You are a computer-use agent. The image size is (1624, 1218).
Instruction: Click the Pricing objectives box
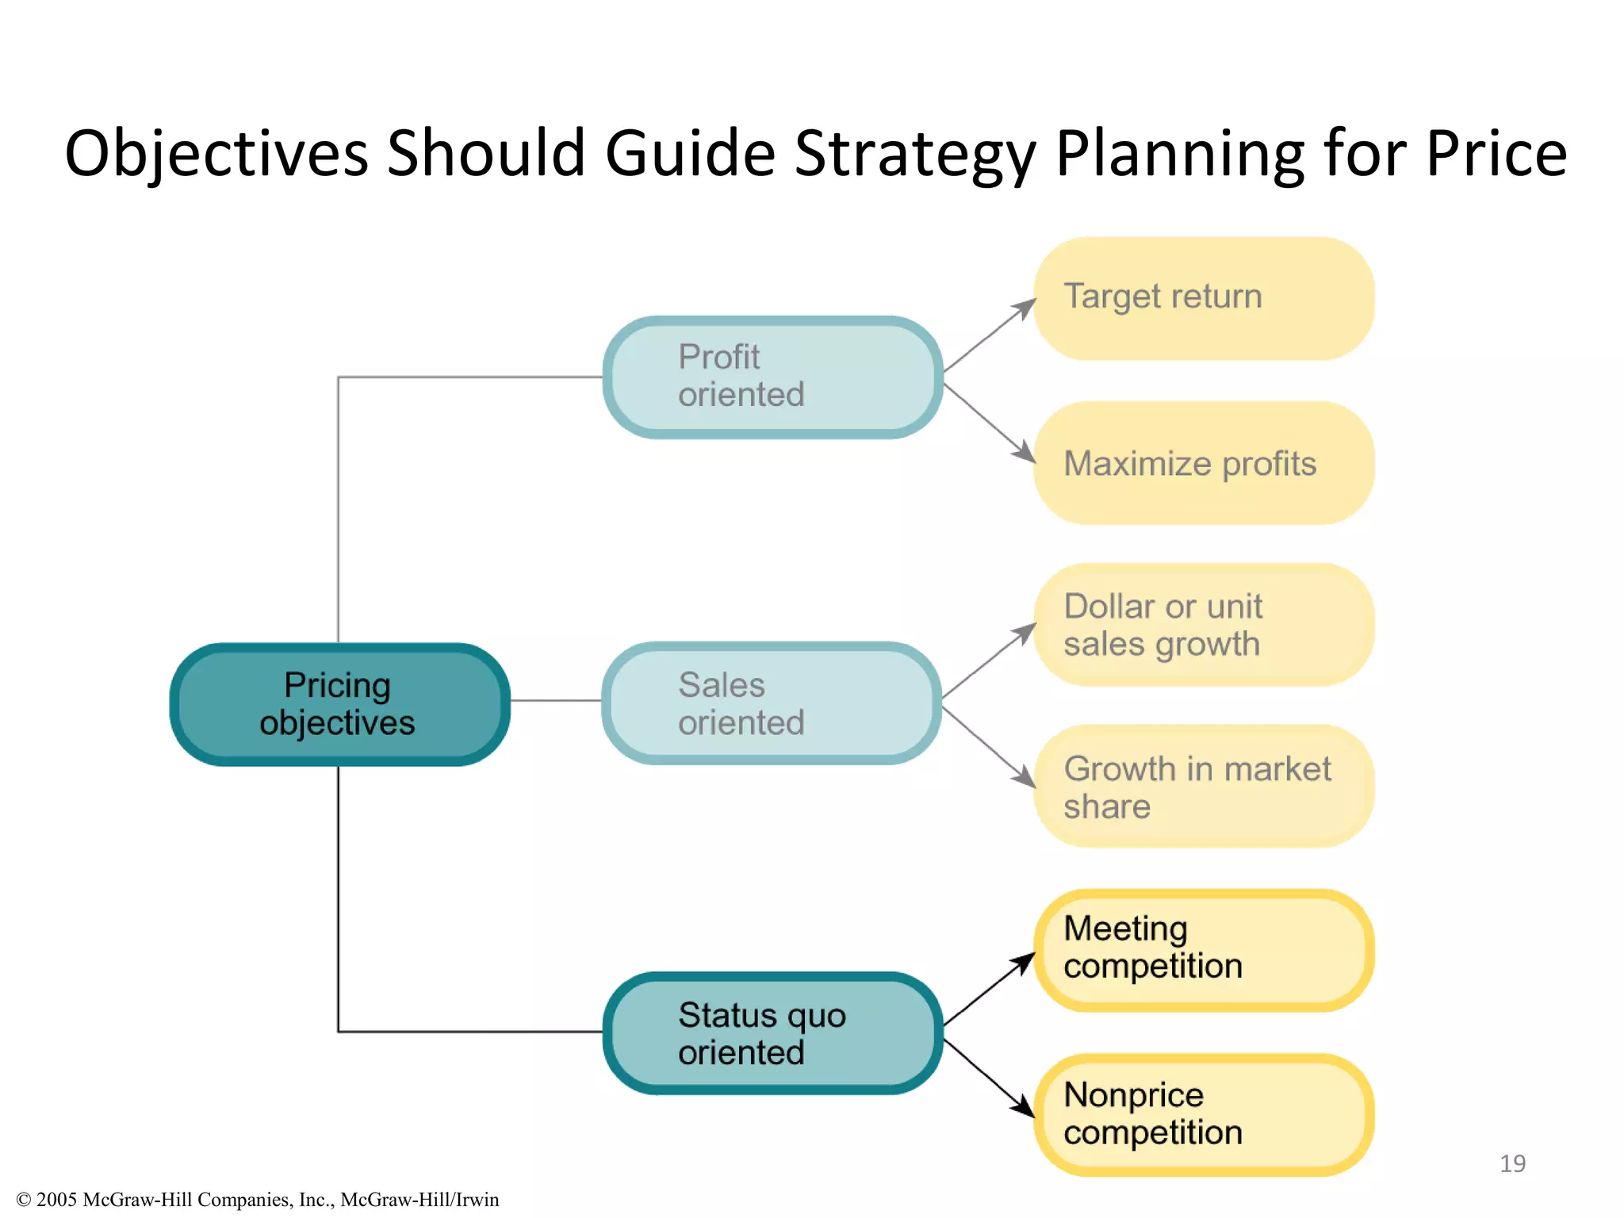coord(339,704)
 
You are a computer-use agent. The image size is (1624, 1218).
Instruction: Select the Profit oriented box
coord(772,377)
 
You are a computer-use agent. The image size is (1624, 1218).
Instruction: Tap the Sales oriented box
coord(772,703)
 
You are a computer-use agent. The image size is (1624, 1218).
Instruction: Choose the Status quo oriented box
coord(772,1033)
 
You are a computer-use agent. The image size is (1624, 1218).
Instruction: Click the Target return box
coord(1203,298)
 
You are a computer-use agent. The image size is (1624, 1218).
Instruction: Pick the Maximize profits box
coord(1203,463)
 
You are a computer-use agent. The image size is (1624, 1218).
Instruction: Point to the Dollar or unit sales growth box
coord(1203,625)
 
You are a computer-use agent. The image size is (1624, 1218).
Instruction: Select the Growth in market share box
coord(1203,787)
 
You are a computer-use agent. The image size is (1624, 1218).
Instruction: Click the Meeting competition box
coord(1203,949)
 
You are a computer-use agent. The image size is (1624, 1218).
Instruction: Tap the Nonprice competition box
coord(1203,1114)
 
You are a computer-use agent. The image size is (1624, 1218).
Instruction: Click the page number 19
coord(1512,1163)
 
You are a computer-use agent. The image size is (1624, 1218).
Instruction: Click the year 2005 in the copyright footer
coord(56,1200)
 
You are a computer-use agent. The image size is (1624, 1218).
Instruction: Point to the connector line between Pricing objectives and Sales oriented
coord(555,700)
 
